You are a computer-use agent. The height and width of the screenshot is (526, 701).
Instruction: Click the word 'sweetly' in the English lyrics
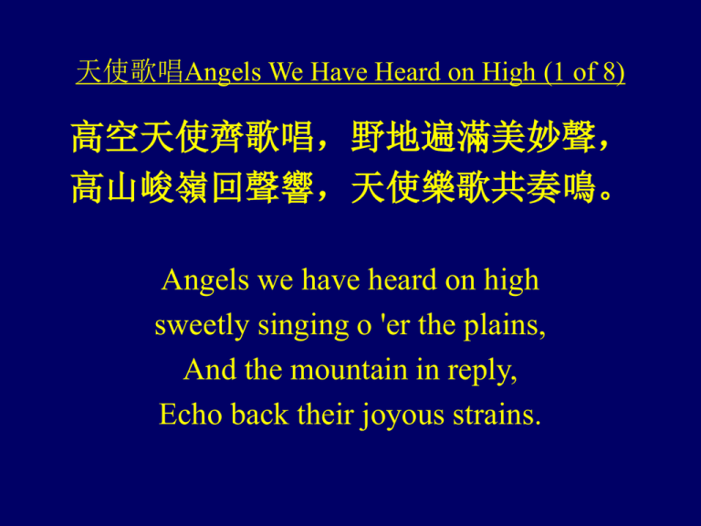click(202, 326)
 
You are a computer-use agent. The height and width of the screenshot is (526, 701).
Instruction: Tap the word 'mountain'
click(350, 371)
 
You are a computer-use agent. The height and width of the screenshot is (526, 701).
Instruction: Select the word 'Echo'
click(191, 415)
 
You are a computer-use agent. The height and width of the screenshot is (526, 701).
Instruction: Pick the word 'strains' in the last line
click(497, 415)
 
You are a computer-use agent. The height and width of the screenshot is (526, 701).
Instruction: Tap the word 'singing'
click(303, 327)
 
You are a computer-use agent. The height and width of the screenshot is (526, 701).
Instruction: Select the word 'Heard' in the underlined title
click(406, 71)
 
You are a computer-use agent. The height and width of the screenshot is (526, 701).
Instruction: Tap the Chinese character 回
click(226, 187)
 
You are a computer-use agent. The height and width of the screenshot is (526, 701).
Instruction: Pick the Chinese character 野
click(367, 136)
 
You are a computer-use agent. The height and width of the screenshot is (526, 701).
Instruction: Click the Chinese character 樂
click(437, 187)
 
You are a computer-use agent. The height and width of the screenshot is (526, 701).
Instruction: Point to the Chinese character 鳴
click(578, 187)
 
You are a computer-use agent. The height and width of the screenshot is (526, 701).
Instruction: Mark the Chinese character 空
click(121, 136)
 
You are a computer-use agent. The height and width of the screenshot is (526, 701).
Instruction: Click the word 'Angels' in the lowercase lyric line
click(205, 281)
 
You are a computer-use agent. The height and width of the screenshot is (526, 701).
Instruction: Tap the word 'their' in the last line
click(326, 415)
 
